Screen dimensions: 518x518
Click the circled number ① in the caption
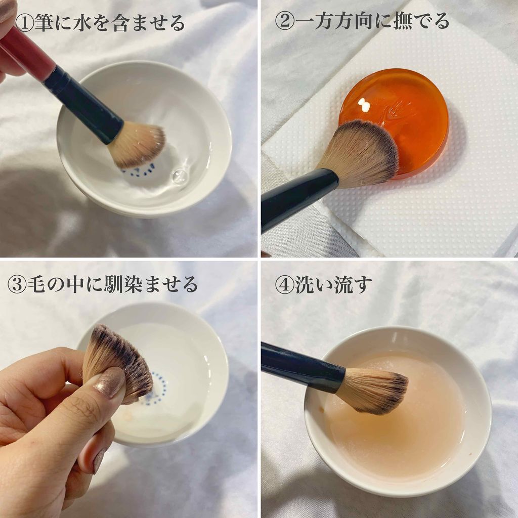pos(24,23)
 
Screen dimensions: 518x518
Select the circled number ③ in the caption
pos(17,284)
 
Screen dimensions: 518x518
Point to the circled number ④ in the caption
pos(284,284)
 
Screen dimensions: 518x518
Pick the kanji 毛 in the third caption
pos(36,284)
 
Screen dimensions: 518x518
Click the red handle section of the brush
pos(28,53)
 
